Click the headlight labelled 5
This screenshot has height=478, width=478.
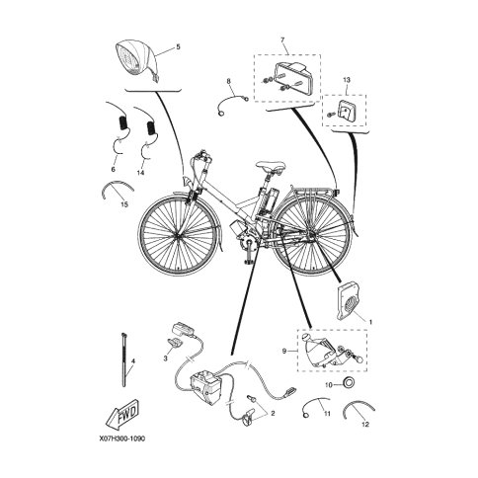coord(137,61)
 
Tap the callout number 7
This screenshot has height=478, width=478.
coord(282,40)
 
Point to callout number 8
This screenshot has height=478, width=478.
coord(229,80)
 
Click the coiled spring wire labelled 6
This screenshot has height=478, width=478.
coord(119,127)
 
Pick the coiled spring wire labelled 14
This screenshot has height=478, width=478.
coord(146,132)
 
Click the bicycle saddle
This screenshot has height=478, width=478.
coord(271,166)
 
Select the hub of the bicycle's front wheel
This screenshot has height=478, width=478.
coord(178,235)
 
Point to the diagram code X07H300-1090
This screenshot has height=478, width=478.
coord(121,438)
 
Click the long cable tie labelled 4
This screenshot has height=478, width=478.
coord(124,359)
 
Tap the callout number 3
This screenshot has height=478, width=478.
coord(166,358)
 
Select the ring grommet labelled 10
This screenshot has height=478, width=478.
coord(349,382)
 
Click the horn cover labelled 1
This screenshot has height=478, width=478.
coord(349,301)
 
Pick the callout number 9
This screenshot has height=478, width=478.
coord(284,352)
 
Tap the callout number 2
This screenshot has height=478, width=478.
coord(273,414)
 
